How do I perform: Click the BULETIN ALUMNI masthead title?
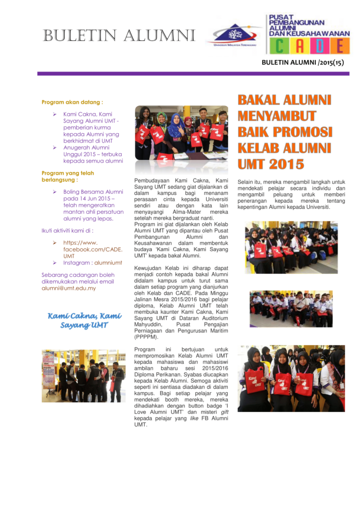[119, 36]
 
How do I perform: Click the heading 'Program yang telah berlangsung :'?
[67, 176]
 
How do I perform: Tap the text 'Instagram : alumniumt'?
[92, 262]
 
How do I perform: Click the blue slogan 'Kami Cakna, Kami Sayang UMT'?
[85, 321]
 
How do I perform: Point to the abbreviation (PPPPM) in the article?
[146, 337]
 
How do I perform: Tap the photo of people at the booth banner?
[83, 376]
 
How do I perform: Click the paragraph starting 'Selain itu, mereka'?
[291, 194]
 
